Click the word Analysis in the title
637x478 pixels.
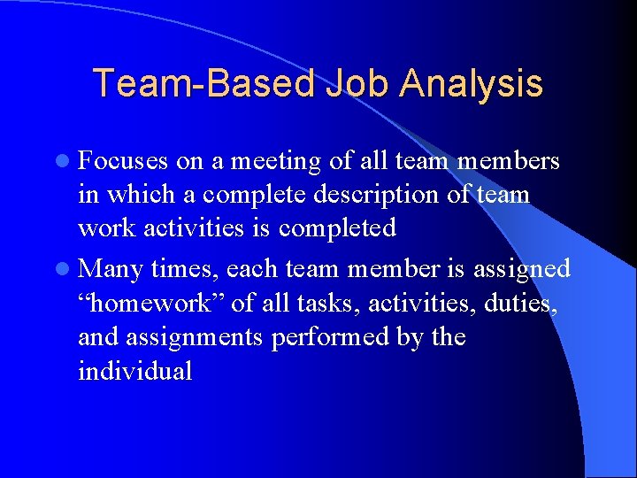(x=471, y=84)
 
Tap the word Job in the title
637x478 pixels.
(x=356, y=84)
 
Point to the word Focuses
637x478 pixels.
(x=123, y=161)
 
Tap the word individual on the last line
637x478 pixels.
(x=134, y=371)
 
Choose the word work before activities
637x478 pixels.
(x=104, y=228)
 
